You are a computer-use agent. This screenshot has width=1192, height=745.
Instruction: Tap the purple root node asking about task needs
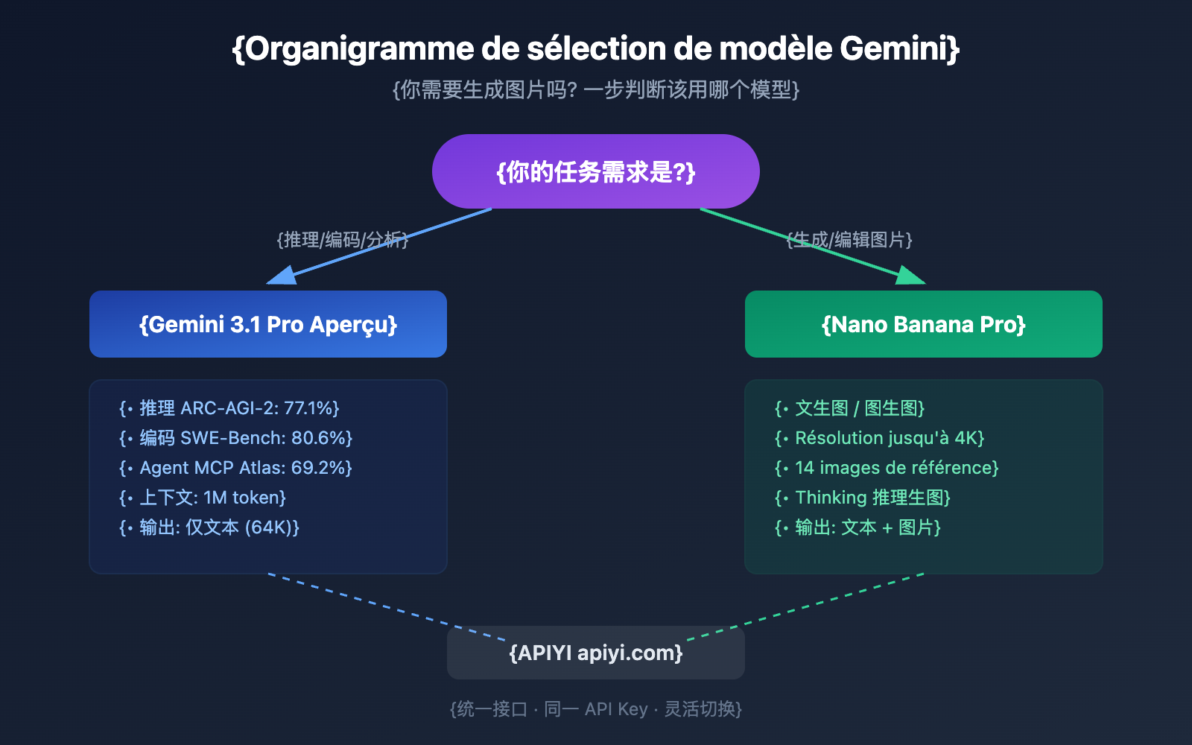596,171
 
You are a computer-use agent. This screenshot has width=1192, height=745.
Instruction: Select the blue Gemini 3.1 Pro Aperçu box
268,324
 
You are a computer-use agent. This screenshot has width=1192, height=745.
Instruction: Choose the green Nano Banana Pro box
924,324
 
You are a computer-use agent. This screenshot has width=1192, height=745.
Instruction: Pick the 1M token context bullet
212,498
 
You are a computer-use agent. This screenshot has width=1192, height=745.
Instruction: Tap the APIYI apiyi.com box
596,653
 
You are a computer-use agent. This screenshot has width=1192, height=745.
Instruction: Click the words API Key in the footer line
616,709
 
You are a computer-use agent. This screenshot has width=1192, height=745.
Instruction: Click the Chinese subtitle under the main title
596,90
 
